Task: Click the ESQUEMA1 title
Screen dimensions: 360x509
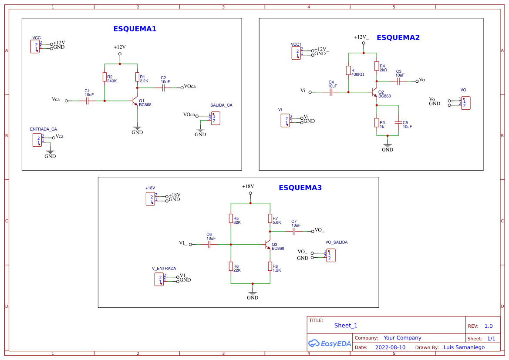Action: point(135,29)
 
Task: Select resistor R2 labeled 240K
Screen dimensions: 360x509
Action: point(104,77)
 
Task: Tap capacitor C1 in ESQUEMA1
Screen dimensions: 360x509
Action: point(87,101)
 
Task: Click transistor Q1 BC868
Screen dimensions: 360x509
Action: point(135,101)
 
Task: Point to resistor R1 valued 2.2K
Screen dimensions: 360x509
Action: point(137,77)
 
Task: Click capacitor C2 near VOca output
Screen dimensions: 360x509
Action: point(164,88)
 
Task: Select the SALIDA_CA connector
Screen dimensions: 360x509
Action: point(216,118)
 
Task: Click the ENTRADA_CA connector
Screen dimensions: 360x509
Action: point(37,140)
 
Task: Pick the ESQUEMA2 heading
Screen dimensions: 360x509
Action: point(398,38)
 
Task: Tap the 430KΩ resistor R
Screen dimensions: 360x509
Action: point(348,71)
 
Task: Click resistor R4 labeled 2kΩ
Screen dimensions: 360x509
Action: point(377,66)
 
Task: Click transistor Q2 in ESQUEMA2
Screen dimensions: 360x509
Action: point(374,92)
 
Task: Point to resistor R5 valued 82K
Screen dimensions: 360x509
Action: point(231,219)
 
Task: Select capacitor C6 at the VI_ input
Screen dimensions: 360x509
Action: point(209,245)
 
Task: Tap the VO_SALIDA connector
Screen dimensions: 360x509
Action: point(331,255)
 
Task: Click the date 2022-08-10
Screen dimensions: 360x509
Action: point(390,347)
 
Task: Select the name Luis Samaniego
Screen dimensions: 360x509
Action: point(464,347)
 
